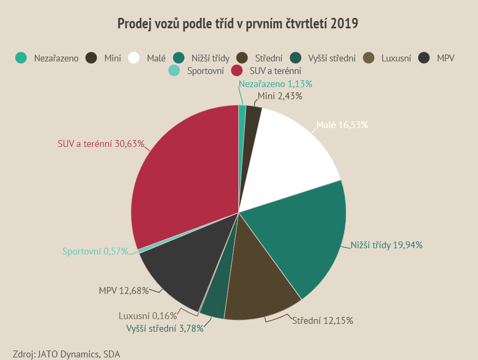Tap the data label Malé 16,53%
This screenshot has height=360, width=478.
[x=342, y=125]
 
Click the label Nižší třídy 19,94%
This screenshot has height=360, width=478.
[x=387, y=245]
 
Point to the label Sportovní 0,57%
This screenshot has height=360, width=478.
[x=95, y=251]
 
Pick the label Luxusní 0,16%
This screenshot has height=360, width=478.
[x=147, y=316]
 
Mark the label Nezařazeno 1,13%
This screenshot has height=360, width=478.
[x=275, y=84]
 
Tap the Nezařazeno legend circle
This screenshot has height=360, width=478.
[x=21, y=58]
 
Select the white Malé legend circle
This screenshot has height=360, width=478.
[x=134, y=58]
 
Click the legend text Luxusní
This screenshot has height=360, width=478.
[x=396, y=58]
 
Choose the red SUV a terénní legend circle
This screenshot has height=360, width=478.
[x=237, y=70]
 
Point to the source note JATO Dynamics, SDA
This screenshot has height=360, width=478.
[x=67, y=354]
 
